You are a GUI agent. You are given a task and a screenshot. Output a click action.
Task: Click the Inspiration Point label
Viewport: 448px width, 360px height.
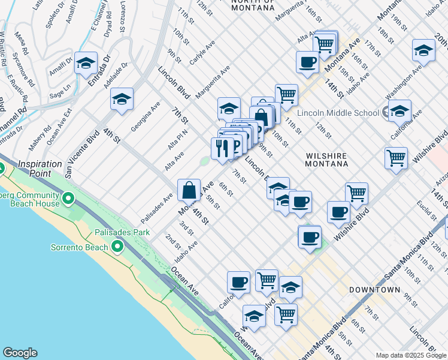[40, 164]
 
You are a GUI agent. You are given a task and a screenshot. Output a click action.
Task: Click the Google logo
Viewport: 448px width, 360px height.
[20, 353]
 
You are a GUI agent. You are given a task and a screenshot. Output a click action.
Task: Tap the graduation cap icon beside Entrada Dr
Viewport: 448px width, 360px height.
[86, 62]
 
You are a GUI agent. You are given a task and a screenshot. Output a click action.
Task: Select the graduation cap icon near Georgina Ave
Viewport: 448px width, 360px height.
[122, 99]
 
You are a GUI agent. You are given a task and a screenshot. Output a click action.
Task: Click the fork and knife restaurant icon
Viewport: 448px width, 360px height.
[222, 148]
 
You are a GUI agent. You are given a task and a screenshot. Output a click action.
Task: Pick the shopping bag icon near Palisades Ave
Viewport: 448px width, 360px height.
[189, 190]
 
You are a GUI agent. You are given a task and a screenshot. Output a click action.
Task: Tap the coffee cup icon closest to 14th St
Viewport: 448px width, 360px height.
[307, 62]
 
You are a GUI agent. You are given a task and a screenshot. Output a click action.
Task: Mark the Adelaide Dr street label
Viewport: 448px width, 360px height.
[118, 76]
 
